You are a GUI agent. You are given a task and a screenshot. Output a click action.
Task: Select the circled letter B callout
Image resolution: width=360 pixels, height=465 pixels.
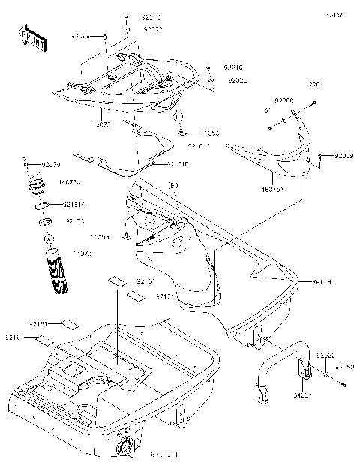pos(179,118)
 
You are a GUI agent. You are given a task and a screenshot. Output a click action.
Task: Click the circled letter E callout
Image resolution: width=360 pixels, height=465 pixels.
pos(172,185)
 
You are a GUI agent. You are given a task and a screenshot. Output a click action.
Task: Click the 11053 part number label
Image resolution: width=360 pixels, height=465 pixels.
pos(198,133)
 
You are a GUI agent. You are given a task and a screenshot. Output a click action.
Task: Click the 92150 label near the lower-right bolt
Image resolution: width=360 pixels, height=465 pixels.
pos(344,367)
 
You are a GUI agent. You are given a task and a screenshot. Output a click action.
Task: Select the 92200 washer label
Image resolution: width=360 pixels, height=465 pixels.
pos(284,100)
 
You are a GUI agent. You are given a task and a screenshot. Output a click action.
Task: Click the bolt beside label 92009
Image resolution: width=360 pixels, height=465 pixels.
pos(321,158)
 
